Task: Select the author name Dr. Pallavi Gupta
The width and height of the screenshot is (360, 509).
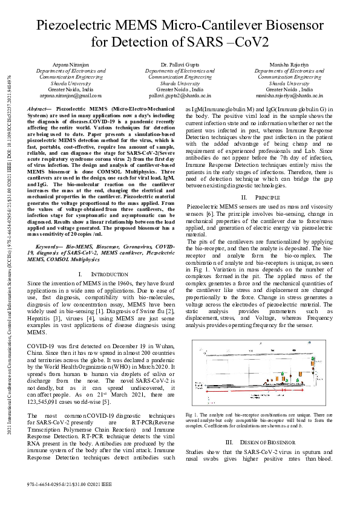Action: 180,63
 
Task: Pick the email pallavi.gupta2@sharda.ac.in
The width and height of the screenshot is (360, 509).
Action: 180,96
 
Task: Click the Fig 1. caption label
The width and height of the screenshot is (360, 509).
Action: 192,415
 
